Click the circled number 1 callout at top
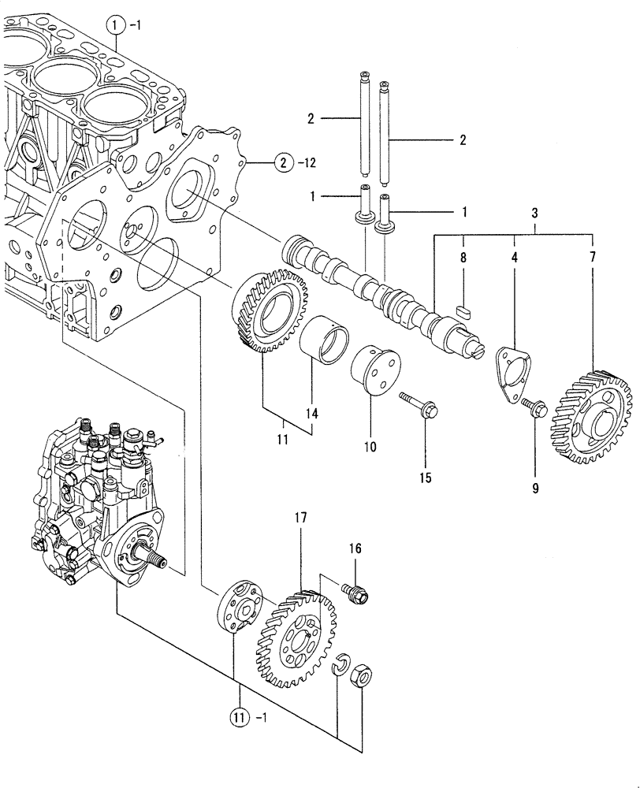[x=116, y=27]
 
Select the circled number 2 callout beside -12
[x=281, y=164]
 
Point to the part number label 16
[x=355, y=548]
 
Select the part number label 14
[x=312, y=413]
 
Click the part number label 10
[x=370, y=447]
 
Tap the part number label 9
[x=534, y=489]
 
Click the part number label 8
[x=463, y=257]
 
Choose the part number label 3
[x=535, y=214]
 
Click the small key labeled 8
[x=463, y=309]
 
